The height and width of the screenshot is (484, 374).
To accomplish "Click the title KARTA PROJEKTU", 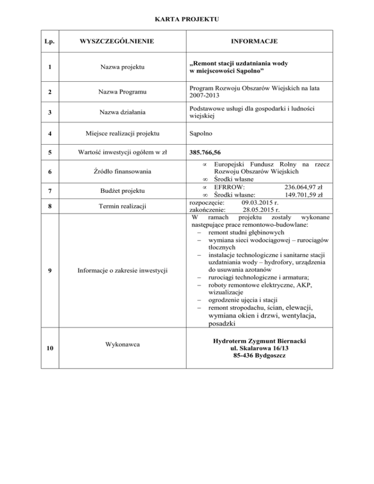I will point(187,19).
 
